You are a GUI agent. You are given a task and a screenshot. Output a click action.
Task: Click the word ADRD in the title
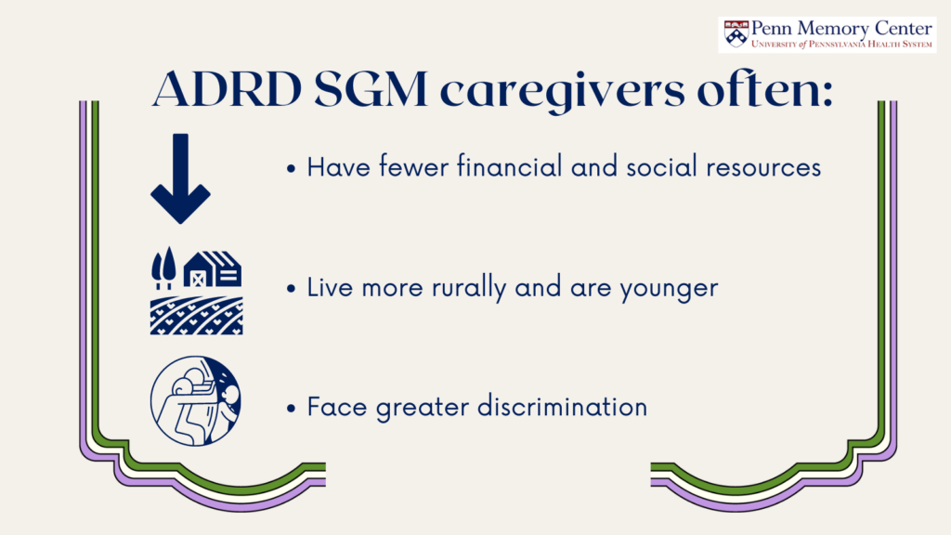click(x=228, y=89)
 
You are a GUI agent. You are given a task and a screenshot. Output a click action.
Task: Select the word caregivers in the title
click(x=562, y=92)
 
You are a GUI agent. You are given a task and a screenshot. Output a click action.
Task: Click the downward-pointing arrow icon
click(x=180, y=178)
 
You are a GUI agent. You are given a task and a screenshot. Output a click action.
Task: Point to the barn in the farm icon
click(x=213, y=268)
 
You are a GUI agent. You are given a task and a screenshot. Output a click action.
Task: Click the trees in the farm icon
click(x=163, y=267)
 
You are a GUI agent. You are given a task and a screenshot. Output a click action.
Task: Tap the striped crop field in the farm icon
click(x=197, y=316)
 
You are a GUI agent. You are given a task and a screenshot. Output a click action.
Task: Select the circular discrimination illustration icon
click(x=195, y=401)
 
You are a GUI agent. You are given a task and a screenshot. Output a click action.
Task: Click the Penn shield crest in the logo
click(x=736, y=34)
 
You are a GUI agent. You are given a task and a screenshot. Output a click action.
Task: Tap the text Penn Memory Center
click(x=841, y=29)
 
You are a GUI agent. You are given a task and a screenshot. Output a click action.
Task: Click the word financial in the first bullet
click(x=510, y=167)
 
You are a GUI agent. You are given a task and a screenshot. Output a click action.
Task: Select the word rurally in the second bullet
click(x=468, y=288)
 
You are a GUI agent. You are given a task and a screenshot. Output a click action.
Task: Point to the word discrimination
click(x=562, y=407)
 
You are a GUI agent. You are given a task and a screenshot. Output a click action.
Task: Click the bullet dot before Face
click(x=292, y=409)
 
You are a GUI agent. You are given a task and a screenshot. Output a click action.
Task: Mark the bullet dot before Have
click(x=292, y=169)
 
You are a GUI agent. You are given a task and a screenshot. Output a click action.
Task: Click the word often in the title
click(x=765, y=89)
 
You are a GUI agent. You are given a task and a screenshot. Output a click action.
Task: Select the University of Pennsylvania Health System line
click(x=841, y=44)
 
